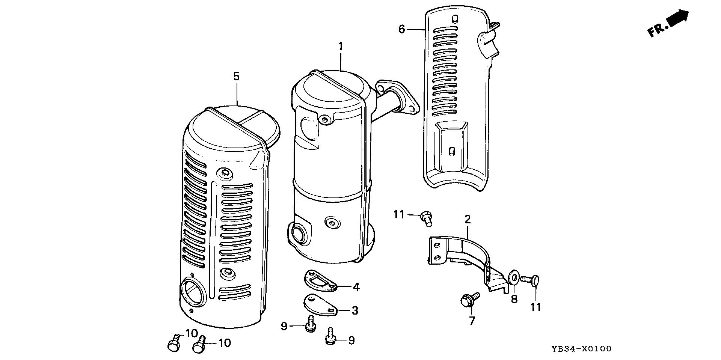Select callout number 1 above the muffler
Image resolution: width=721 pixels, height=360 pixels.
click(x=340, y=47)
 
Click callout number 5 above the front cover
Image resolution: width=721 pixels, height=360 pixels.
click(x=236, y=77)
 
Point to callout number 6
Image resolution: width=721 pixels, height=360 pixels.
click(x=402, y=29)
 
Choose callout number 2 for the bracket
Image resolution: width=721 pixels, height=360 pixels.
click(x=468, y=219)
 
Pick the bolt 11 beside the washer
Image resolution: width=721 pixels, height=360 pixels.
click(x=531, y=280)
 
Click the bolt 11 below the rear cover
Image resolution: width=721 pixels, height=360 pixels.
click(x=426, y=218)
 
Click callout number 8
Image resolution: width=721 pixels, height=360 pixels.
click(x=514, y=299)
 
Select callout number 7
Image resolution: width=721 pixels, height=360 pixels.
click(x=472, y=320)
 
